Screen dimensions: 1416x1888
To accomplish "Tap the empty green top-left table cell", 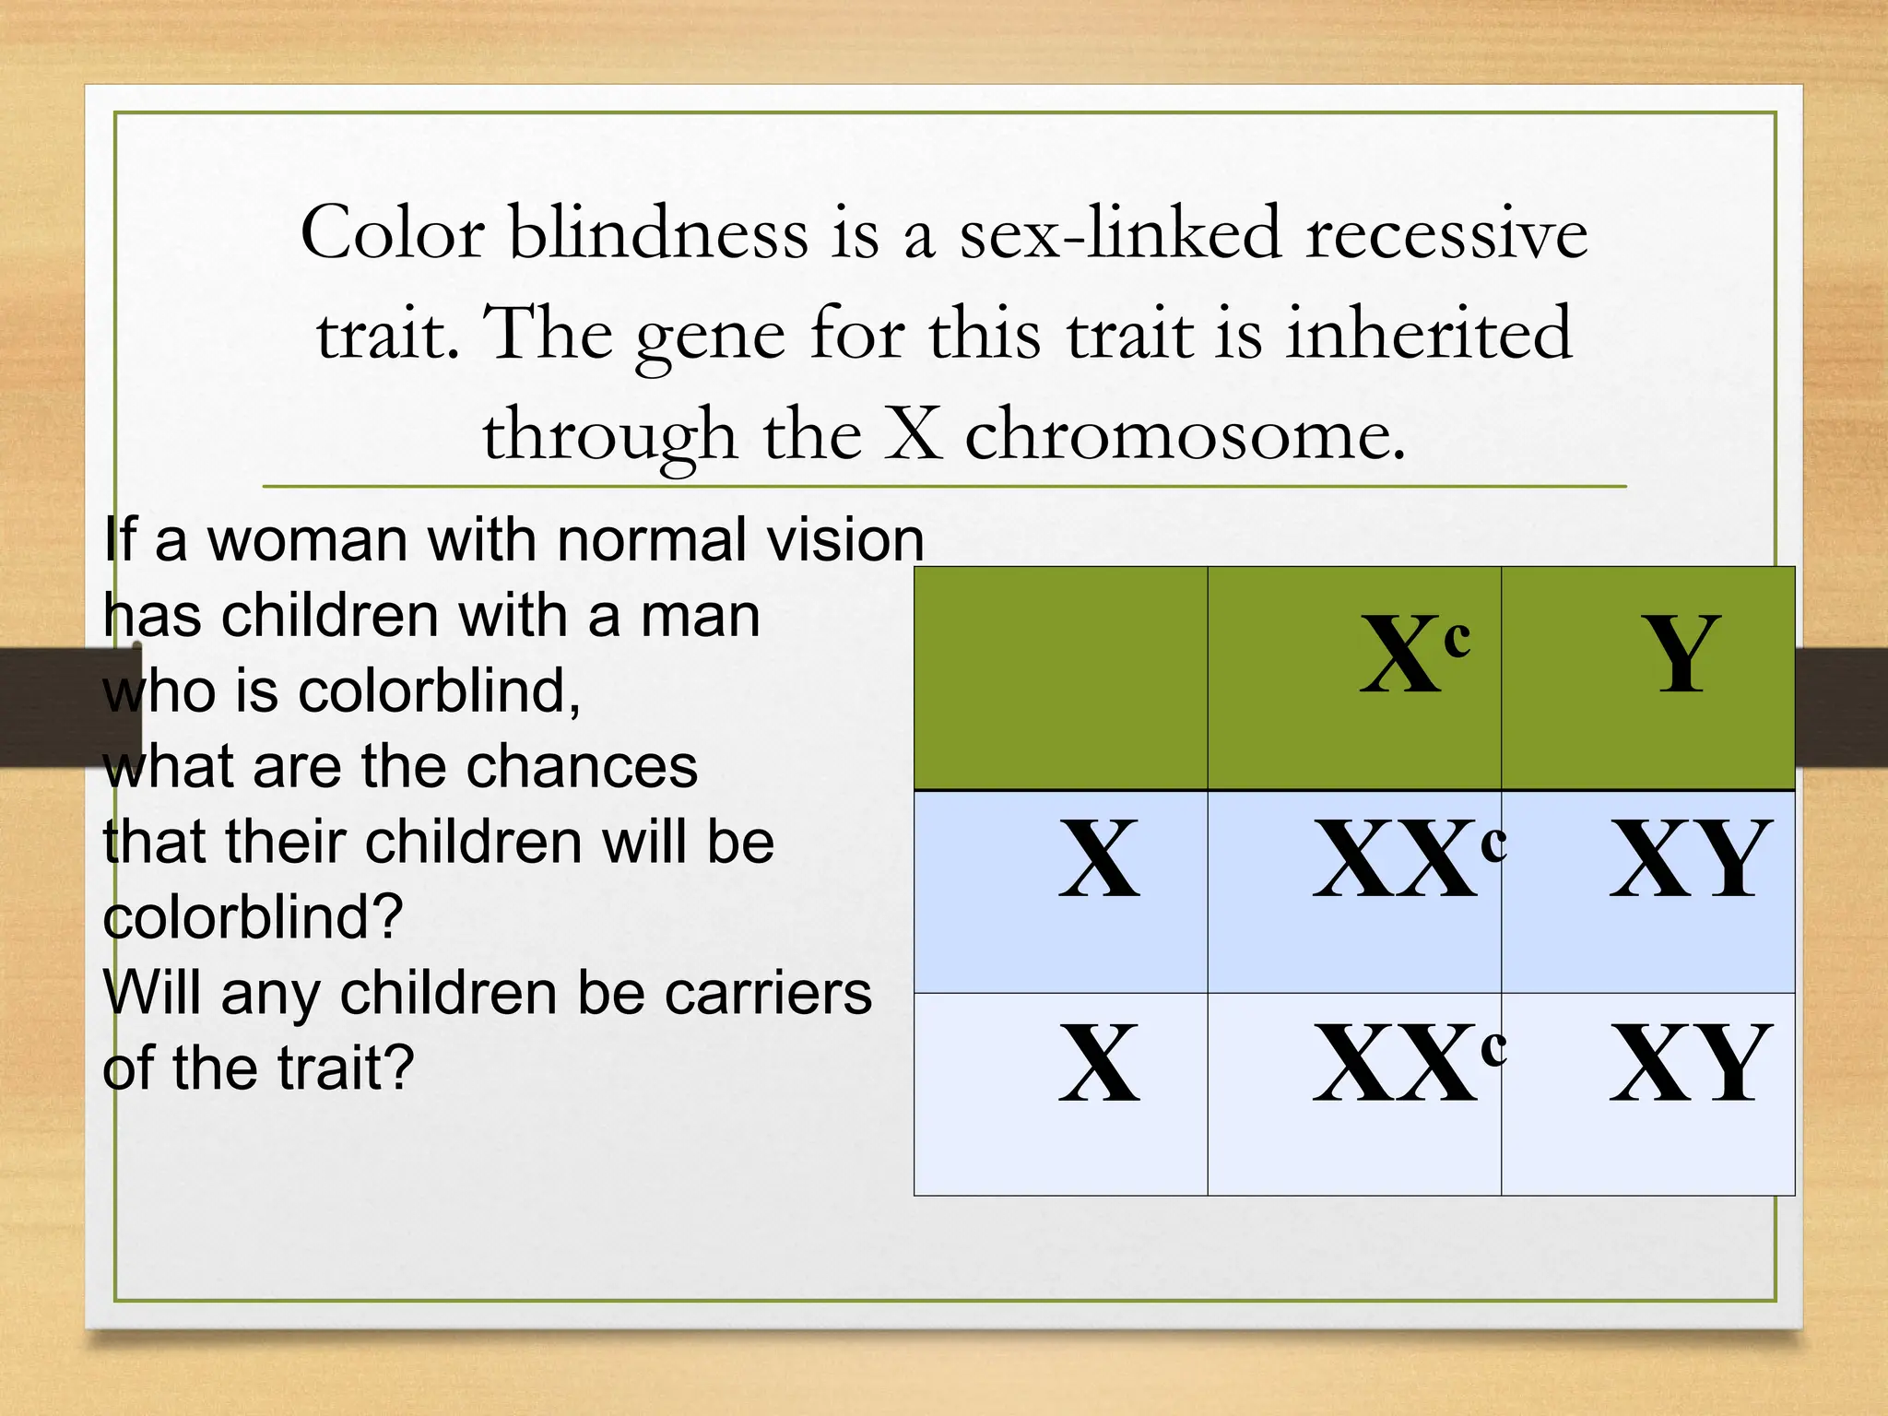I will (x=1060, y=678).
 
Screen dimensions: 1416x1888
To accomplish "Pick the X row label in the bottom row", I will (x=1099, y=1064).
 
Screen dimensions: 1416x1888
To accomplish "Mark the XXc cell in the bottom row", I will (x=1409, y=1064).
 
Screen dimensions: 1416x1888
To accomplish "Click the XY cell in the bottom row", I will (x=1689, y=1064).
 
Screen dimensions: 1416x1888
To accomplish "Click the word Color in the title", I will (x=393, y=232).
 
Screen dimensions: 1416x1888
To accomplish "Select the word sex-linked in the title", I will (x=1120, y=232).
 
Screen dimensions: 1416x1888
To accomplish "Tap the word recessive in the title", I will (x=1446, y=232).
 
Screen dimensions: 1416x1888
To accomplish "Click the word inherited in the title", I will (x=1428, y=333).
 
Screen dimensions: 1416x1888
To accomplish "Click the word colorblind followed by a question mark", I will (x=253, y=917).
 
